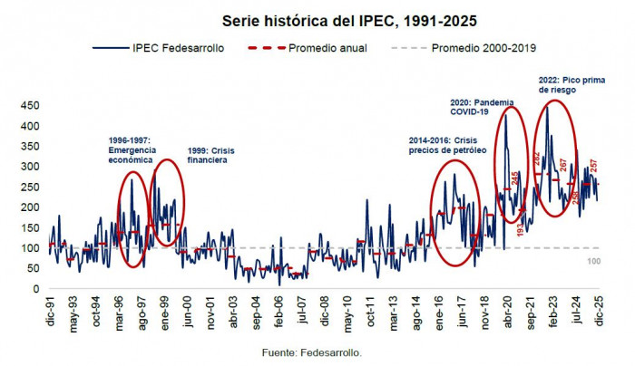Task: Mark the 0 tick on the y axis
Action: pos(36,289)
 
